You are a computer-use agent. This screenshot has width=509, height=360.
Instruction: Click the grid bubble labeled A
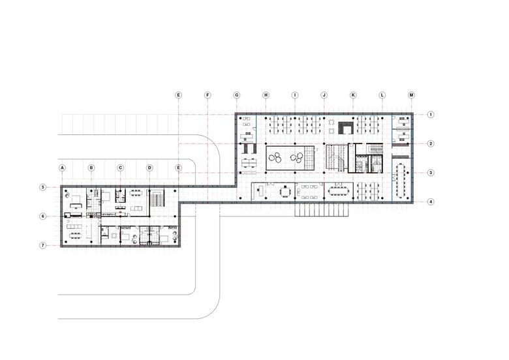click(63, 168)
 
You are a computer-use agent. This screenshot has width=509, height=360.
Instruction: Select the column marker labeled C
click(121, 168)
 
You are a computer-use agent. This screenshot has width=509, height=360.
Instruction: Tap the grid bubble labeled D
click(149, 168)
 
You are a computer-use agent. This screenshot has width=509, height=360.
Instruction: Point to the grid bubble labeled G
click(237, 95)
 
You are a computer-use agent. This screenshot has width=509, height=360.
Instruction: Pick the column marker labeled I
click(295, 95)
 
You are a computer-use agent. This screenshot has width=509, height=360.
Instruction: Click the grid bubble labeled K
click(353, 95)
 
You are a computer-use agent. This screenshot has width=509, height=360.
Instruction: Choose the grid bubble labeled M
click(411, 95)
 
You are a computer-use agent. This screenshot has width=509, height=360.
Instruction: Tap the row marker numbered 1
click(431, 115)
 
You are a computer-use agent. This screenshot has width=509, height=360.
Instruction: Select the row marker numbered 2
click(431, 143)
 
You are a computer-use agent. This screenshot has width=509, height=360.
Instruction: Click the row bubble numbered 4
click(431, 202)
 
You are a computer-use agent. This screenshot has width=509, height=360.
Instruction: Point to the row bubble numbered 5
click(43, 187)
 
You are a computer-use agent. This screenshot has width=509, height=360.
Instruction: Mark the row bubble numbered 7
click(43, 245)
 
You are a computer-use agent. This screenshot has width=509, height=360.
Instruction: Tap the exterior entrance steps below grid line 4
click(321, 209)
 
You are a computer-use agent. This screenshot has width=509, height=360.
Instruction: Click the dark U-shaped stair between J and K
click(346, 128)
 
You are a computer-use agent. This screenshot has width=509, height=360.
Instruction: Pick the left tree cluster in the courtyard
click(275, 158)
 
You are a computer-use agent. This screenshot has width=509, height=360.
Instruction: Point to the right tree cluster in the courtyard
click(297, 158)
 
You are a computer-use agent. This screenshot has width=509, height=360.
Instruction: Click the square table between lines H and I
click(285, 192)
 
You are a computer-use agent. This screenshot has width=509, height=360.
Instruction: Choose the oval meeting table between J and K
click(339, 191)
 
